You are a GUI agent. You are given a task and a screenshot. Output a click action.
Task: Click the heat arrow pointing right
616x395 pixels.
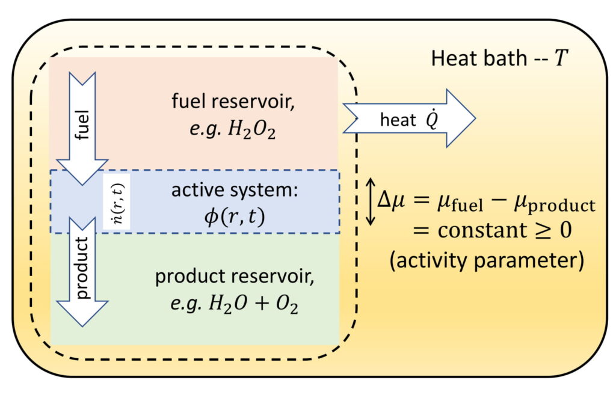[409, 118]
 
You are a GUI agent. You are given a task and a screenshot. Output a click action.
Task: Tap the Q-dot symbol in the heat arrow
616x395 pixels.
[431, 119]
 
